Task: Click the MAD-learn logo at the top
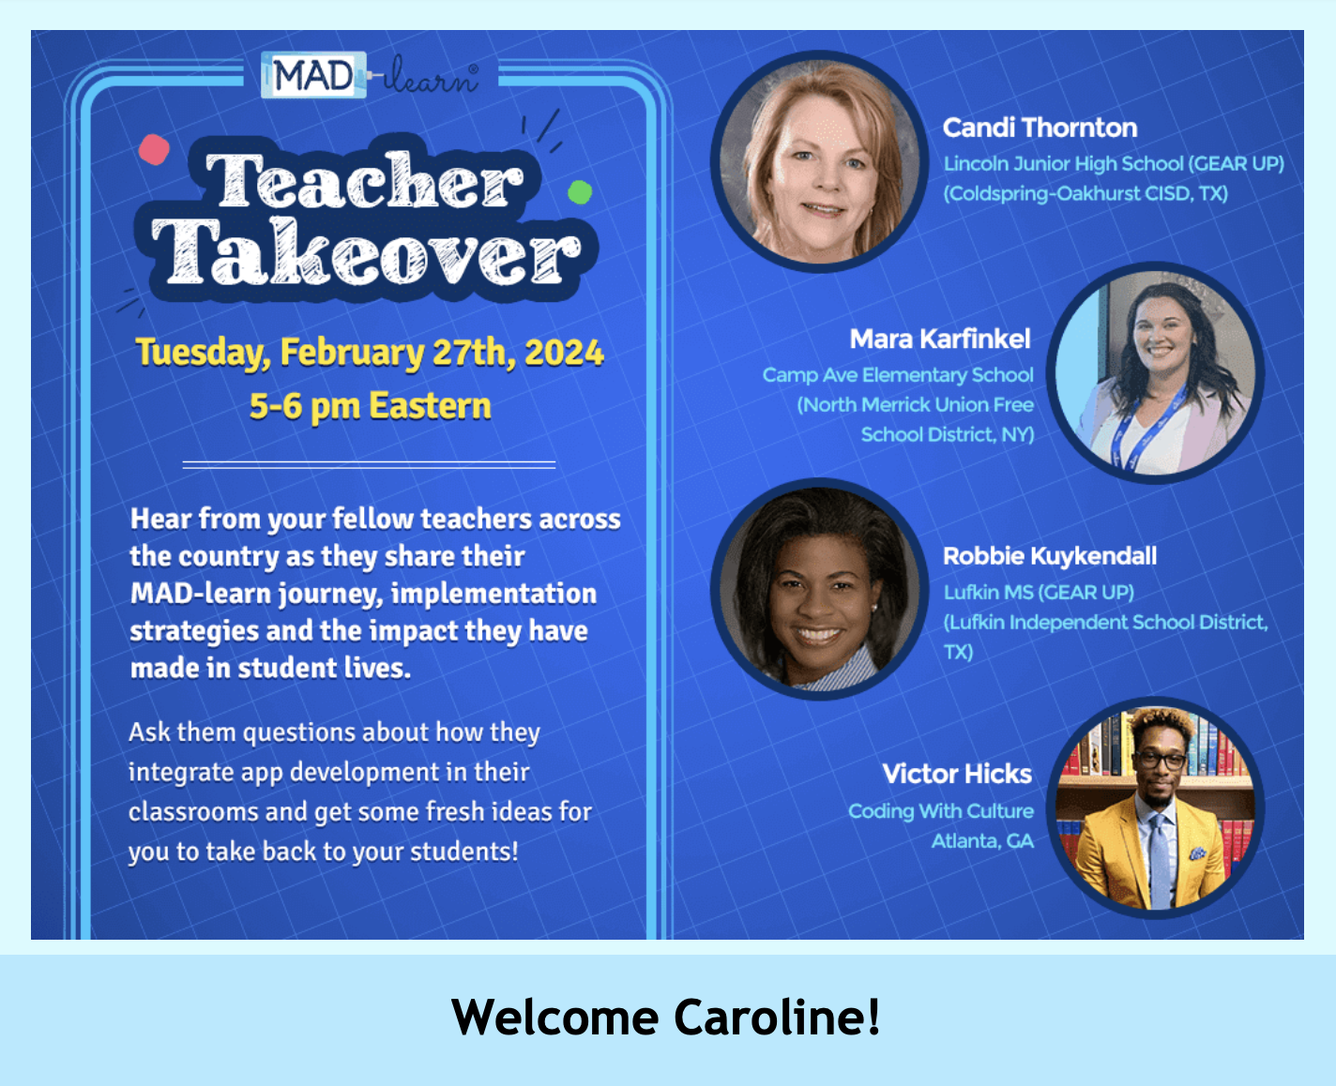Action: tap(371, 76)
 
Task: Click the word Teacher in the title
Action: tap(364, 181)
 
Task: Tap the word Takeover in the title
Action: tap(366, 253)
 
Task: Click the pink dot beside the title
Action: tap(154, 149)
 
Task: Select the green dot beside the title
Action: tap(580, 192)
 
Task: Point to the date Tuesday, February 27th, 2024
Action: tap(370, 353)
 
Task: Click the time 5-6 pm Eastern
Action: tap(370, 406)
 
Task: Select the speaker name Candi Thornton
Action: tap(1040, 128)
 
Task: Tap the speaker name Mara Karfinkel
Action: tap(940, 339)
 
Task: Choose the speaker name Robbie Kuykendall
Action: tap(1050, 556)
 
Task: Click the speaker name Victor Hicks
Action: tap(957, 774)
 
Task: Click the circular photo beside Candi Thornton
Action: tap(820, 161)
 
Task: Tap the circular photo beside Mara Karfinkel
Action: tap(1156, 373)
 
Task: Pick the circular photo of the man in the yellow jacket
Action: tap(1156, 808)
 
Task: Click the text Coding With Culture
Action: tap(941, 811)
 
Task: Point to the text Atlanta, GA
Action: tap(982, 841)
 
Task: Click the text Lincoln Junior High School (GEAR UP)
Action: tap(1114, 164)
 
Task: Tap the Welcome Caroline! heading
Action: tap(666, 1018)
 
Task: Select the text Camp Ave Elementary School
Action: tap(898, 375)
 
